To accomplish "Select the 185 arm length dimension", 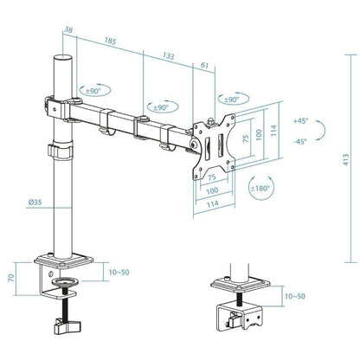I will [x=109, y=39].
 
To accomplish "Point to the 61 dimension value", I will [x=204, y=65].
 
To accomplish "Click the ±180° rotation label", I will [x=260, y=188].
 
